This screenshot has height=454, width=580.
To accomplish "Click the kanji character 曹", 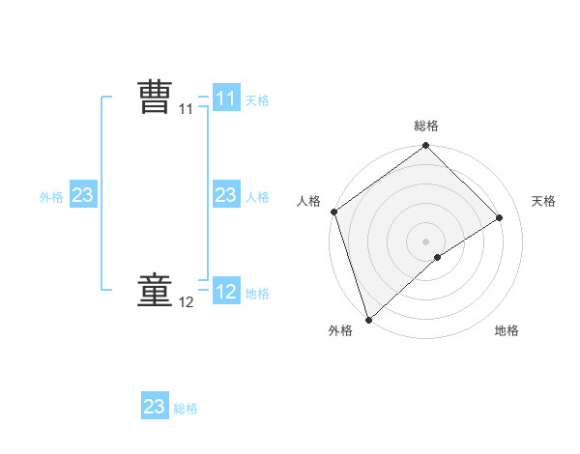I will (155, 99).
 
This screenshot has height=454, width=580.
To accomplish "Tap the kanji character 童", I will (155, 292).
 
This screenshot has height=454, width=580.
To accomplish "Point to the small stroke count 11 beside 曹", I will (187, 110).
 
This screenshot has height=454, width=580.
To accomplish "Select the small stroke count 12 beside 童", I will (187, 303).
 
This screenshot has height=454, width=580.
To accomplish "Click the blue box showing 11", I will (225, 99).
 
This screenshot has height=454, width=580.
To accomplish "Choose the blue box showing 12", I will (225, 292).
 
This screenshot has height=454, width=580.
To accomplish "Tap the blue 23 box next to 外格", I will (83, 196).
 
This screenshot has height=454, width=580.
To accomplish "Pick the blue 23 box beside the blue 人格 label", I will (225, 196).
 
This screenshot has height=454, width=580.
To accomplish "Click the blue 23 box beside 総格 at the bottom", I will (155, 407).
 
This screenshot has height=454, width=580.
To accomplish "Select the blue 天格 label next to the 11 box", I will (257, 99).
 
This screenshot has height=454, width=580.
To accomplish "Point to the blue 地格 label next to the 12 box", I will (257, 293).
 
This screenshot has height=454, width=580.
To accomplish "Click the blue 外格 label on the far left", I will (51, 197).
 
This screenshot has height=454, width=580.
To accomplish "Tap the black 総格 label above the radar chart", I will (426, 126).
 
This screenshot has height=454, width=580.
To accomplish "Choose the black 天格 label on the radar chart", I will (544, 201).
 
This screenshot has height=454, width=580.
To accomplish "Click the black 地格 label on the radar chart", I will (507, 331).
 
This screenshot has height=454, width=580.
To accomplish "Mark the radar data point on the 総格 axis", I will (426, 147).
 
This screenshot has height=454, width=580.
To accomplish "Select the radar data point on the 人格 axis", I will (333, 212).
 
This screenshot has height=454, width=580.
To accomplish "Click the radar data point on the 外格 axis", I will (368, 319).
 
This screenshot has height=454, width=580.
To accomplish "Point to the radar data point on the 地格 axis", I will (438, 257).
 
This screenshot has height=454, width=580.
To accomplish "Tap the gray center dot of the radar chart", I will (426, 241).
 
